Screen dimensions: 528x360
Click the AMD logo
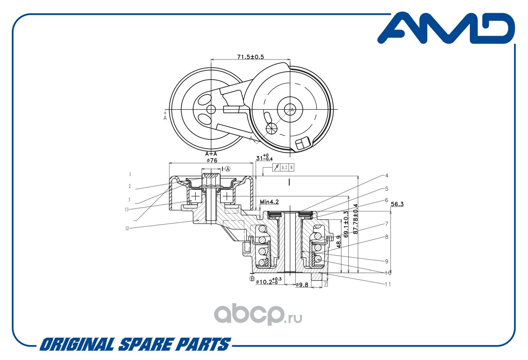click(446, 28)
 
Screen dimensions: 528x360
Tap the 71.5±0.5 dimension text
click(250, 57)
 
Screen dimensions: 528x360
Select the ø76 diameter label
click(212, 161)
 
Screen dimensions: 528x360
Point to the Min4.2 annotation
click(269, 202)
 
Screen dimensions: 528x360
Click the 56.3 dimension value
click(397, 204)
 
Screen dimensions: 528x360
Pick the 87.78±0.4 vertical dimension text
click(356, 219)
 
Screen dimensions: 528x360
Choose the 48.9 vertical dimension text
click(339, 242)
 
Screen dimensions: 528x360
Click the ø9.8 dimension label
click(302, 285)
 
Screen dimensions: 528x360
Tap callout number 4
click(387, 175)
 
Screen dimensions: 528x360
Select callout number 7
click(387, 224)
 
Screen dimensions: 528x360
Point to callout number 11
click(388, 284)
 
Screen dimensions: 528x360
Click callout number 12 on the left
click(127, 228)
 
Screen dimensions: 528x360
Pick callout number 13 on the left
click(127, 209)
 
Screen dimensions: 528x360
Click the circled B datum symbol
click(252, 279)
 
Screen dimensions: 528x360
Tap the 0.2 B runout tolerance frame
click(283, 167)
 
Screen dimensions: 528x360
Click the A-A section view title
click(211, 154)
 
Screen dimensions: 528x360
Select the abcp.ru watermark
click(258, 314)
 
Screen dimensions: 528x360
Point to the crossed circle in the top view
click(272, 128)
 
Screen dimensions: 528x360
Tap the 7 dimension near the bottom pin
click(325, 284)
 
